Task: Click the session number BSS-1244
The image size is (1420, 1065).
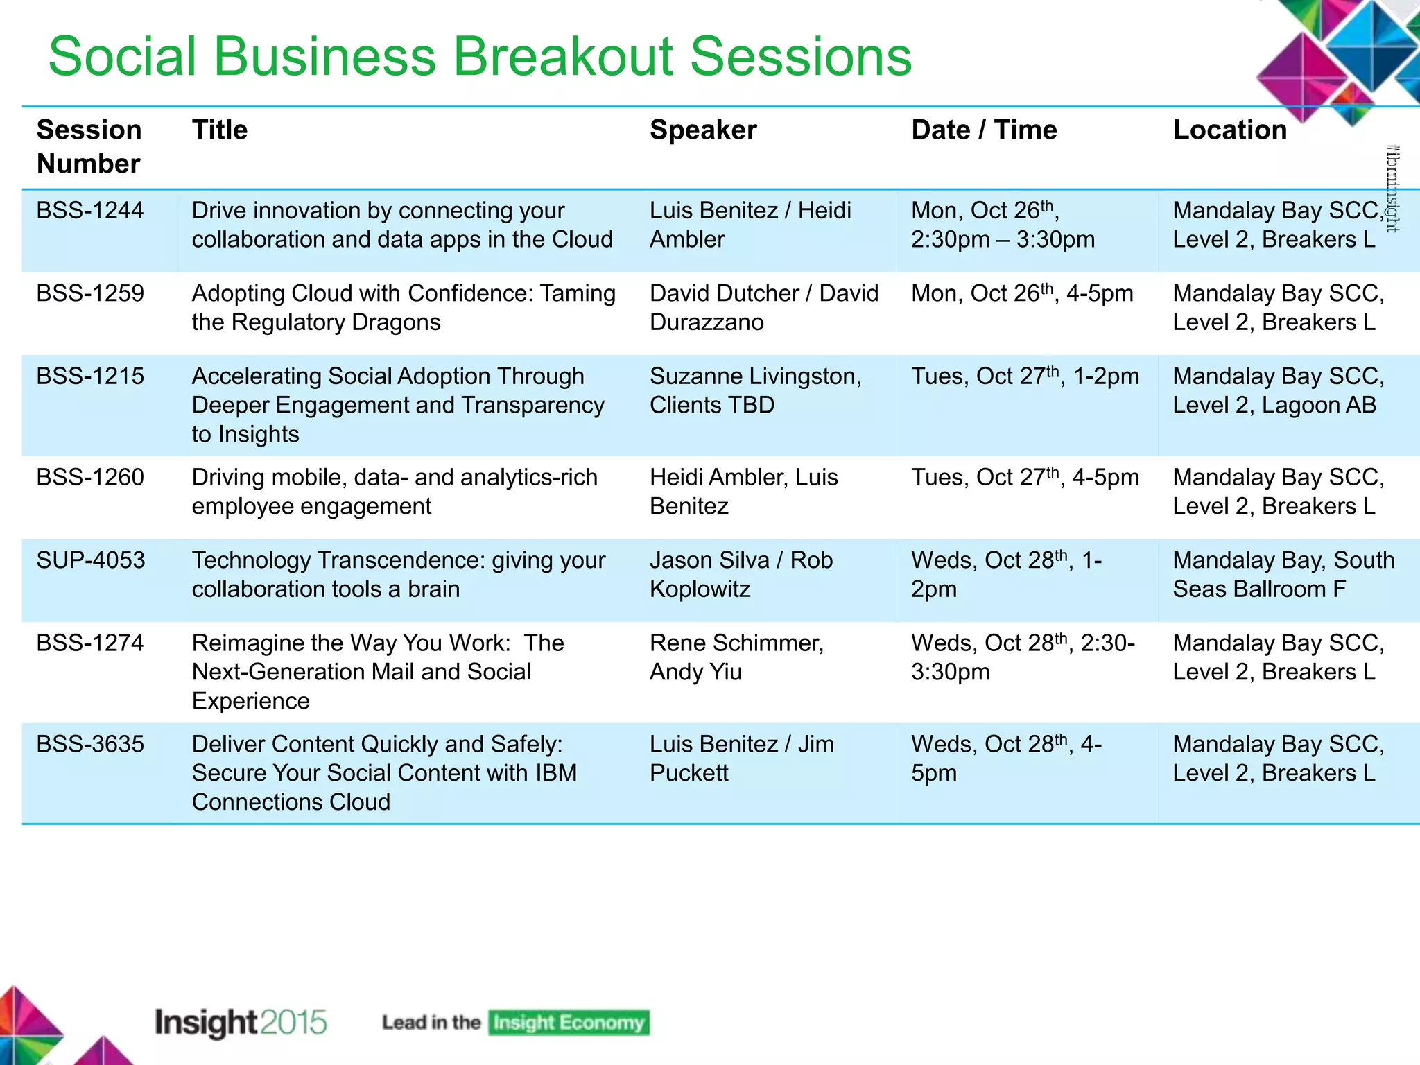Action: pyautogui.click(x=89, y=210)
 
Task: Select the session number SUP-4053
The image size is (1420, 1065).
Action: pyautogui.click(x=91, y=560)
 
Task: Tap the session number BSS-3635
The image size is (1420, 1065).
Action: pyautogui.click(x=90, y=744)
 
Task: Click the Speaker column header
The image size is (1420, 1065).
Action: pyautogui.click(x=702, y=130)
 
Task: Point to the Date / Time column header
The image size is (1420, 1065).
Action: pyautogui.click(x=983, y=130)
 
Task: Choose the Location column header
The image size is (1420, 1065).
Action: pyautogui.click(x=1229, y=130)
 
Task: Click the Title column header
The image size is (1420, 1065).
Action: pyautogui.click(x=219, y=130)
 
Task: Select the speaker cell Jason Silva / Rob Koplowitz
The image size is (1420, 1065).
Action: pyautogui.click(x=741, y=574)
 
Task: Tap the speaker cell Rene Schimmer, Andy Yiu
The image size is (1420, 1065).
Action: pyautogui.click(x=736, y=657)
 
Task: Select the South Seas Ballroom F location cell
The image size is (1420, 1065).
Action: pyautogui.click(x=1283, y=574)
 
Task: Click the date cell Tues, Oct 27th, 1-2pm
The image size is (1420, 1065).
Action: pyautogui.click(x=1024, y=376)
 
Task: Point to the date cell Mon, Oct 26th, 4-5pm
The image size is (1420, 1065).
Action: pyautogui.click(x=1021, y=293)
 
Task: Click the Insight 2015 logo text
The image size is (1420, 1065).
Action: pyautogui.click(x=240, y=1023)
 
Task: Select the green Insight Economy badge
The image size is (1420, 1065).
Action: pyautogui.click(x=568, y=1023)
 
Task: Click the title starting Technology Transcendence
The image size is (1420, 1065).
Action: pyautogui.click(x=398, y=574)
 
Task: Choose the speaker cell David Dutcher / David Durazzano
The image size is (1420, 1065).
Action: pyautogui.click(x=763, y=308)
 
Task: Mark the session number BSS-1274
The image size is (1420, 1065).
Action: pyautogui.click(x=89, y=643)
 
